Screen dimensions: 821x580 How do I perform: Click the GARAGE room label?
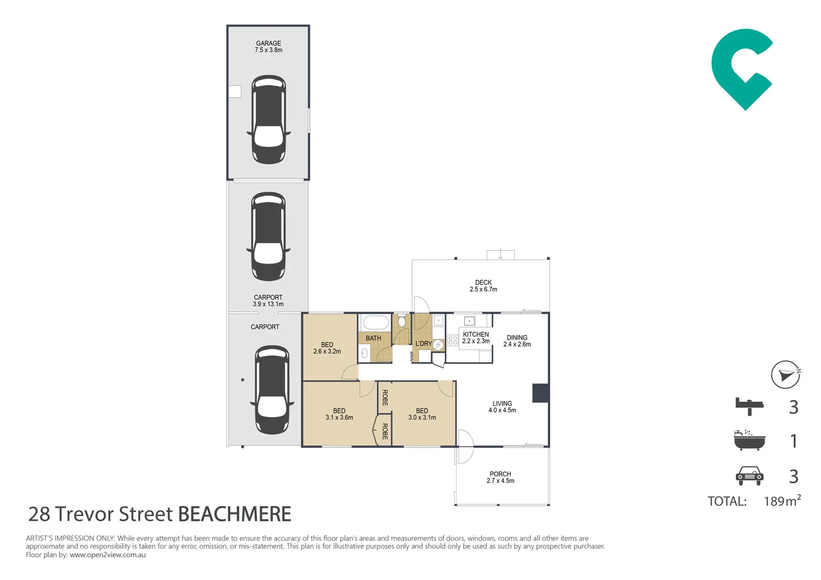pos(268,44)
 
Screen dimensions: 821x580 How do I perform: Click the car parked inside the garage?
pos(269,120)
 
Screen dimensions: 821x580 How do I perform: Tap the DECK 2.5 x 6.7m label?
pos(483,286)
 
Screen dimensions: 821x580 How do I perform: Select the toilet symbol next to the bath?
pos(402,321)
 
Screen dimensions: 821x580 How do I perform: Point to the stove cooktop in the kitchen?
pos(452,340)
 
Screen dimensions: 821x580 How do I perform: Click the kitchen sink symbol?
pos(469,321)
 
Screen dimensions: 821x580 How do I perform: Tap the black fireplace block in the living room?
pos(540,393)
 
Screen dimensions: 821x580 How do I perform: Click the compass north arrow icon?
pos(786,374)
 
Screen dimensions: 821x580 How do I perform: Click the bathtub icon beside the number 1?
pos(750,440)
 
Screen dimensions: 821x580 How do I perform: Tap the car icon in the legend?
pos(750,476)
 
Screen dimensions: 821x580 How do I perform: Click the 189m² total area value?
pos(782,501)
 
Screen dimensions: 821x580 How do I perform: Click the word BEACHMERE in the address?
pos(235,514)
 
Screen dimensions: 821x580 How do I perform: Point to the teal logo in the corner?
pos(742,69)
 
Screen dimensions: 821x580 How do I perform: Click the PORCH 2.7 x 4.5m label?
pos(500,477)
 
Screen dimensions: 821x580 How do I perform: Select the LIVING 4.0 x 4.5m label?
pos(502,407)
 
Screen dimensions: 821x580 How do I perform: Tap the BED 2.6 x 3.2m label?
pos(327,347)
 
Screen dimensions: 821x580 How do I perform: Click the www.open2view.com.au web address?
pos(107,555)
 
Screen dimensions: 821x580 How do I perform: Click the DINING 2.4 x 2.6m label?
pos(517,340)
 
